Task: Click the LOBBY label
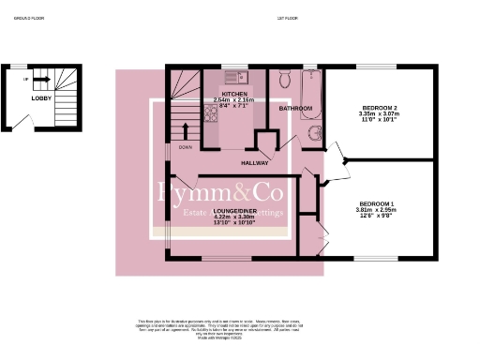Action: pyautogui.click(x=41, y=97)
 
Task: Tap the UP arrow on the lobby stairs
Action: pyautogui.click(x=25, y=80)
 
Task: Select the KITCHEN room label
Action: pyautogui.click(x=233, y=94)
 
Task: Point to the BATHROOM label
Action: pyautogui.click(x=294, y=109)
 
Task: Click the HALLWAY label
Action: pyautogui.click(x=254, y=162)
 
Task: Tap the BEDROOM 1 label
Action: pyautogui.click(x=376, y=203)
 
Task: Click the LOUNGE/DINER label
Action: pyautogui.click(x=234, y=211)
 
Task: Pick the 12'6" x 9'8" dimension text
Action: pyautogui.click(x=376, y=216)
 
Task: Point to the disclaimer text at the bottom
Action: pyautogui.click(x=240, y=329)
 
